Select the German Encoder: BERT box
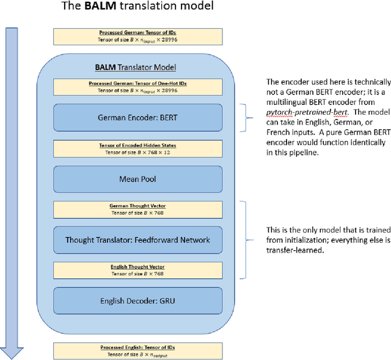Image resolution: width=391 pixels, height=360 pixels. tap(137, 117)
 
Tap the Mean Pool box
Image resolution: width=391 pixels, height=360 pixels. tap(137, 179)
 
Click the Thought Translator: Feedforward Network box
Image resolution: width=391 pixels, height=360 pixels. tap(137, 240)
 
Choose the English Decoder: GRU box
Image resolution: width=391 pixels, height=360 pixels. tap(137, 300)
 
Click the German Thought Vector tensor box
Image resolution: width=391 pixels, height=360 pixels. tap(137, 209)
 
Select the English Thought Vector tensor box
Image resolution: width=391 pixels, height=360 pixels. tap(137, 270)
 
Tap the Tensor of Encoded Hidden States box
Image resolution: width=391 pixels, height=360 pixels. tap(137, 148)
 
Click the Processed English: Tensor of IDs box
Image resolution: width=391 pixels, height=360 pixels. tap(137, 350)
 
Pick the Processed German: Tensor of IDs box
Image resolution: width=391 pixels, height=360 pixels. tap(137, 35)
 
